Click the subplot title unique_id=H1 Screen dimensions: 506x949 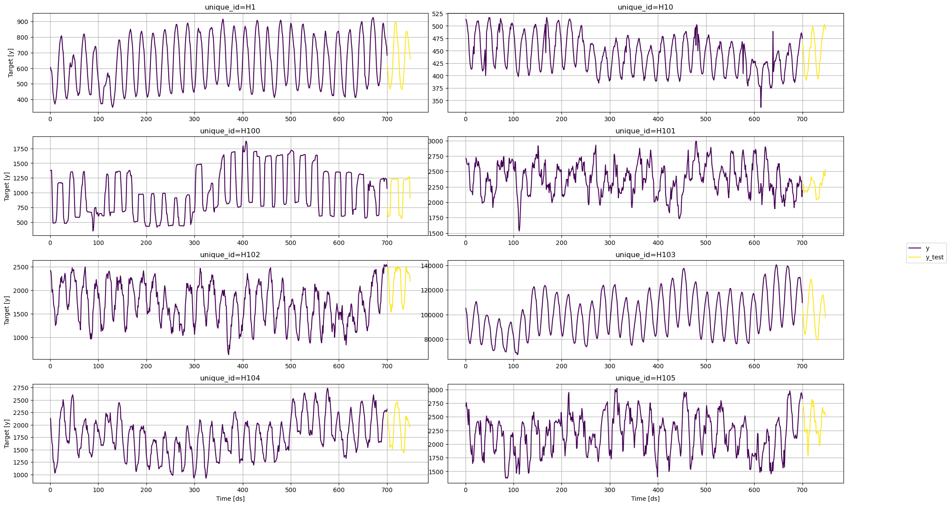[x=230, y=7]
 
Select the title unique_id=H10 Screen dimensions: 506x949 [x=645, y=7]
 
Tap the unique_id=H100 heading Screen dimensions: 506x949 [x=230, y=131]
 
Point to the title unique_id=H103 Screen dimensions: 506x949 [x=645, y=255]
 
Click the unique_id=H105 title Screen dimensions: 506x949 [x=645, y=378]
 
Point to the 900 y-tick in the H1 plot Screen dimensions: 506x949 [x=22, y=22]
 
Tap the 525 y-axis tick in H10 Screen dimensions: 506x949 [x=437, y=14]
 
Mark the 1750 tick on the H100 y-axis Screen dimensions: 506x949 [x=20, y=149]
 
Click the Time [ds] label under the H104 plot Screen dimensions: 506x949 [x=230, y=499]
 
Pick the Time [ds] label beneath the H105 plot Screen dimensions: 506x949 [x=645, y=499]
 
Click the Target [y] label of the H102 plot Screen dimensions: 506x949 [x=7, y=310]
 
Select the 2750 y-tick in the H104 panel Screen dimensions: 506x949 [x=20, y=388]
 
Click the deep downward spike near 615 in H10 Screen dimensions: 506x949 [x=761, y=107]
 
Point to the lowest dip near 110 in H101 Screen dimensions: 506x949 [x=519, y=231]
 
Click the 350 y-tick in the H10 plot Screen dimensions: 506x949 [x=437, y=101]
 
